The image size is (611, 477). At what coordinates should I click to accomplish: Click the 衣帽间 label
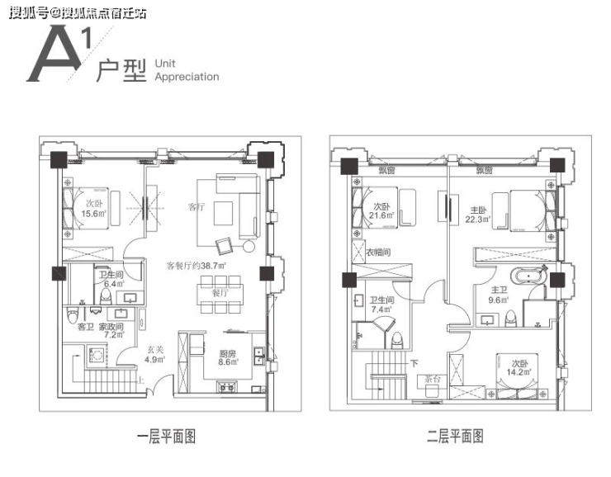click(377, 253)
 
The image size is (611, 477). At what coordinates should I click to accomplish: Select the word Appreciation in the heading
click(187, 77)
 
